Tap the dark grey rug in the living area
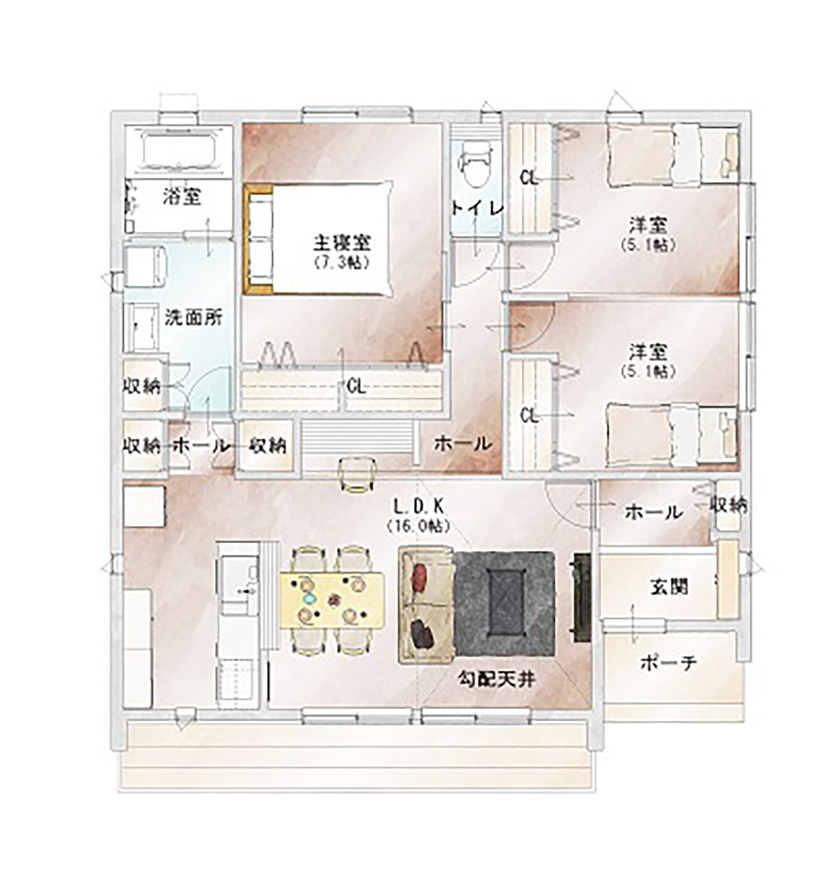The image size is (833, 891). click(505, 604)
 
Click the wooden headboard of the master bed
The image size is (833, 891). click(258, 240)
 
